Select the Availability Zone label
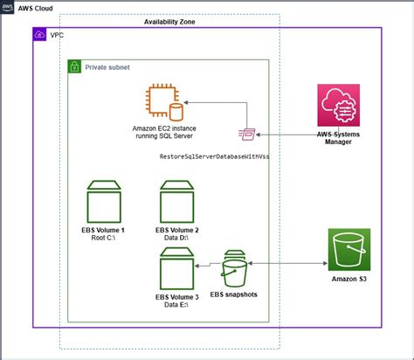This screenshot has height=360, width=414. pyautogui.click(x=176, y=22)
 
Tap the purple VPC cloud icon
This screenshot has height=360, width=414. pyautogui.click(x=40, y=35)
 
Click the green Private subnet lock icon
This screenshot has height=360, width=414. pyautogui.click(x=75, y=66)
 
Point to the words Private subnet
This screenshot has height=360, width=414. pyautogui.click(x=106, y=67)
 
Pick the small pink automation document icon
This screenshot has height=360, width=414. pyautogui.click(x=247, y=134)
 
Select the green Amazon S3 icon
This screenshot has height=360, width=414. pyautogui.click(x=348, y=250)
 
